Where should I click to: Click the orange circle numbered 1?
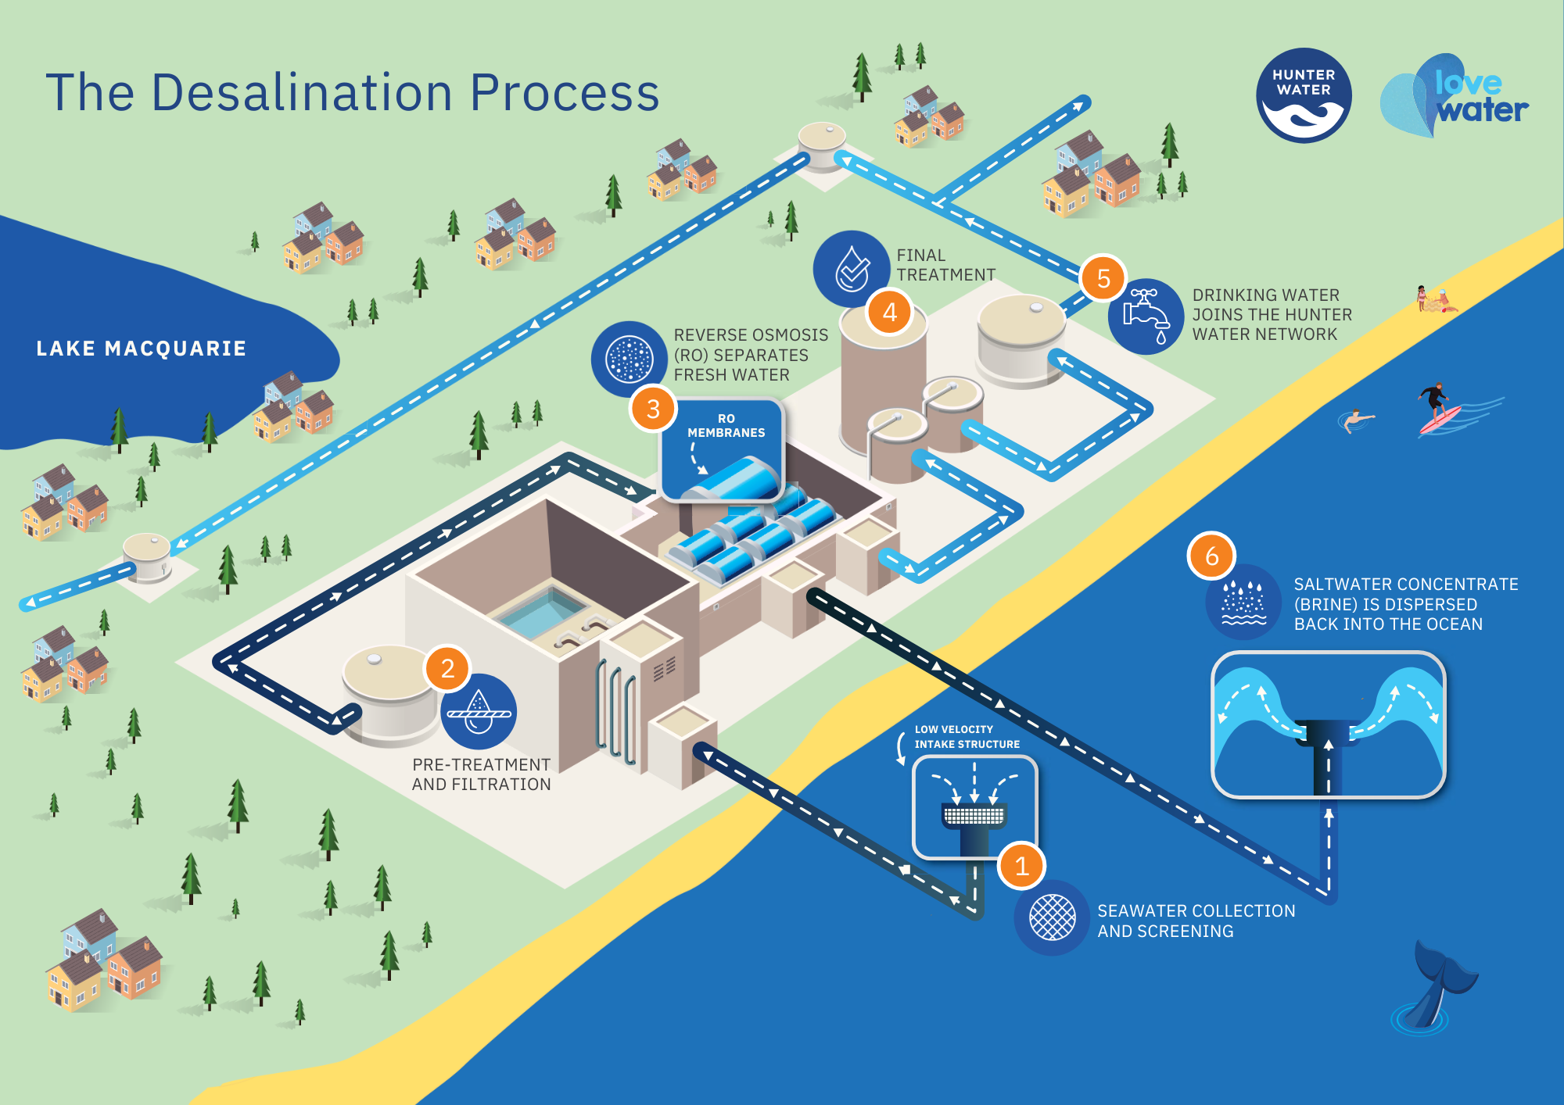click(1021, 866)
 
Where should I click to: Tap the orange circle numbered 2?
click(447, 668)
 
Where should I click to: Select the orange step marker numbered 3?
click(653, 408)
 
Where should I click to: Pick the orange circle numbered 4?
click(889, 312)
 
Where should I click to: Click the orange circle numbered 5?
click(1103, 278)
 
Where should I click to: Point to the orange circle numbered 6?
click(1211, 556)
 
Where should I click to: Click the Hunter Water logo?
click(1304, 95)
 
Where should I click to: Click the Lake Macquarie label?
click(142, 349)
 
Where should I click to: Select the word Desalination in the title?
click(302, 92)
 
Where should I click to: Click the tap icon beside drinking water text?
click(1146, 316)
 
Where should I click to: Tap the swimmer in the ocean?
click(1356, 420)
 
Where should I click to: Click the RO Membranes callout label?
click(726, 426)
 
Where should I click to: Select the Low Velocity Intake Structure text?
click(967, 736)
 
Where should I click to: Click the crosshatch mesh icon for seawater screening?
click(1052, 917)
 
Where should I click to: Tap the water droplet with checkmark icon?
click(852, 268)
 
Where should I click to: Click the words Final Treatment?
click(945, 265)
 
